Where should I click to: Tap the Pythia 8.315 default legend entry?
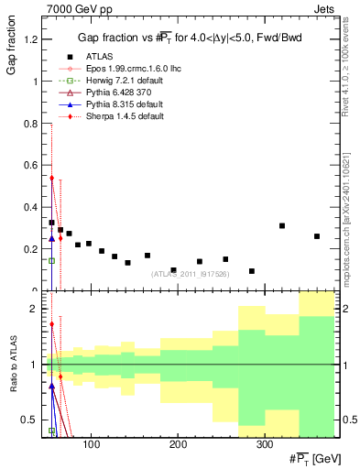(x=113, y=105)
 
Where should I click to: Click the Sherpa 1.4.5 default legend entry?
(x=115, y=118)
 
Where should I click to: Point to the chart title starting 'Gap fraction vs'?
(x=190, y=38)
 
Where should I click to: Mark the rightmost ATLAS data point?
(x=317, y=236)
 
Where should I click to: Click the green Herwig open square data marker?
(x=51, y=260)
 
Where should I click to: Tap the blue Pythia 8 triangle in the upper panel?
(x=51, y=238)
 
